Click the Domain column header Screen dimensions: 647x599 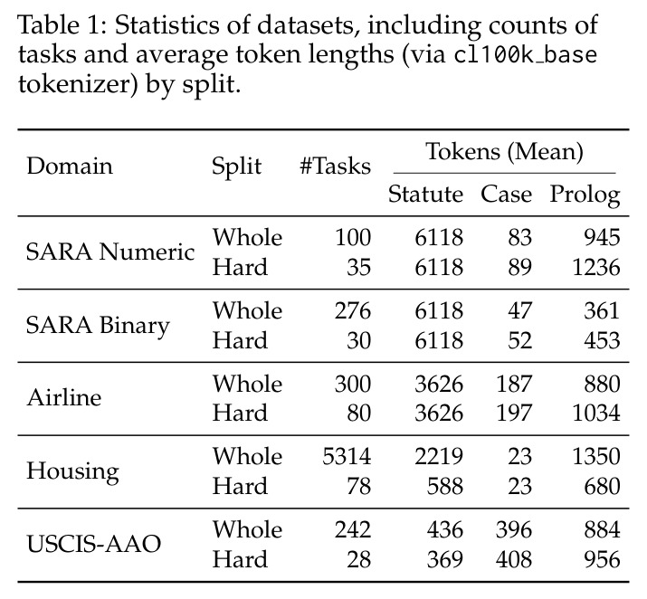pos(70,166)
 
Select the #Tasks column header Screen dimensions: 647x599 pos(335,166)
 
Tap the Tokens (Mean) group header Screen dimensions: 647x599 pos(504,152)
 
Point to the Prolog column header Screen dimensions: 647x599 pos(585,195)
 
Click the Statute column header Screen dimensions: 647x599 pos(425,194)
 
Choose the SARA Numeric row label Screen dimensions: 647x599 pos(110,252)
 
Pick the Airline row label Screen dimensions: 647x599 pos(64,398)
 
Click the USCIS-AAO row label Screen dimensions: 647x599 pos(94,544)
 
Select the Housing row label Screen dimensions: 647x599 pos(72,471)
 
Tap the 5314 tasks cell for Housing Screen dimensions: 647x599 pos(347,457)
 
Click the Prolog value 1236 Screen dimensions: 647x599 pos(596,267)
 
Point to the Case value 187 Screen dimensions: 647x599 pos(514,384)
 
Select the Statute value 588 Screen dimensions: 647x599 pos(445,486)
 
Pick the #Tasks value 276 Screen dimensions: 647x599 pos(353,310)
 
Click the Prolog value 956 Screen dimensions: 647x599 pos(602,559)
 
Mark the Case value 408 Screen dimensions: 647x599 pos(514,559)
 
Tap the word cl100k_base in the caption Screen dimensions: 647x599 pos(526,55)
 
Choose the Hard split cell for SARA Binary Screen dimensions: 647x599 pos(240,340)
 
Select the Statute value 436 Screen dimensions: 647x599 pos(445,529)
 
